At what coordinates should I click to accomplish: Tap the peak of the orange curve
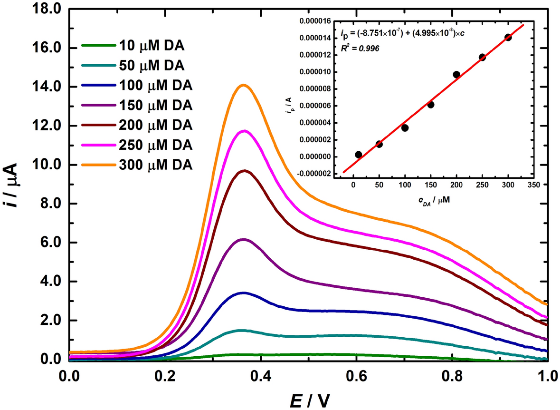(x=244, y=85)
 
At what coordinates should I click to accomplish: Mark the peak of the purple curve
(x=244, y=239)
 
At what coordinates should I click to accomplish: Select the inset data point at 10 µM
(x=358, y=155)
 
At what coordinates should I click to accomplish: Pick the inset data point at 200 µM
(x=456, y=74)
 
